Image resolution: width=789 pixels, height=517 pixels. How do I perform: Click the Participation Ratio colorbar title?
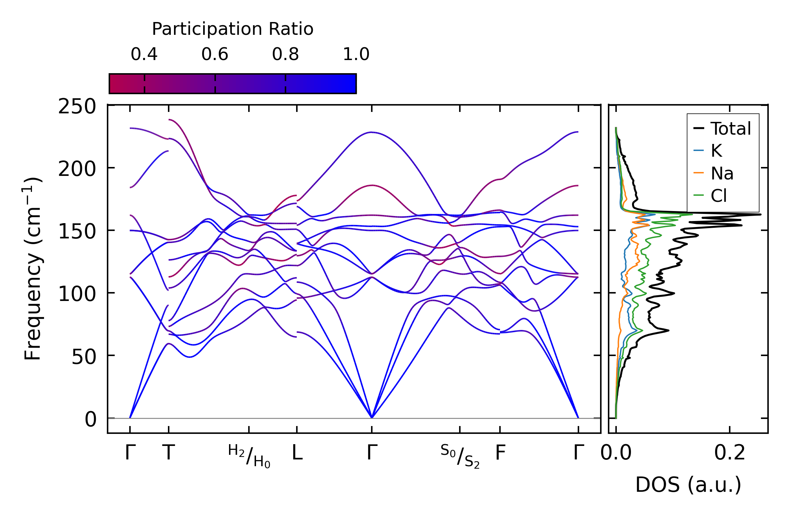coord(233,29)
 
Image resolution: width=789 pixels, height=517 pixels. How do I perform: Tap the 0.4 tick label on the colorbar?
coord(144,54)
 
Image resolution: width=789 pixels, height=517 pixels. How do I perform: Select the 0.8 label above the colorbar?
coord(285,54)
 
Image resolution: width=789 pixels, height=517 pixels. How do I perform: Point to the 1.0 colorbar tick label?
coord(356,54)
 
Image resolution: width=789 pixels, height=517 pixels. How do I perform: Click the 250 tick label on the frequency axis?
coord(77,106)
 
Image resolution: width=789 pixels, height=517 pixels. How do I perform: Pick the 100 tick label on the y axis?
coord(77,294)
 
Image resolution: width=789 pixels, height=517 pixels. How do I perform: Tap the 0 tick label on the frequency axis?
coord(91,419)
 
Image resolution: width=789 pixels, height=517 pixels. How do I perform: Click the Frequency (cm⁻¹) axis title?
coord(33,269)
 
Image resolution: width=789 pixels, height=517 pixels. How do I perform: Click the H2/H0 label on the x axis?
coord(249,456)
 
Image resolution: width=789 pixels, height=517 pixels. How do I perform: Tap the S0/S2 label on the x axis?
coord(460,456)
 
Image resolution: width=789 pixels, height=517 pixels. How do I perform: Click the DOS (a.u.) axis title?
coord(688,485)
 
